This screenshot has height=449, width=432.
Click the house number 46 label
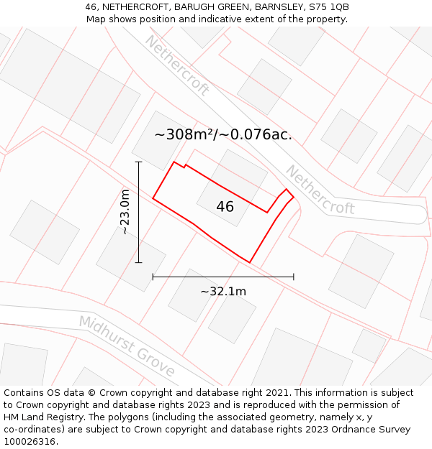click(x=225, y=207)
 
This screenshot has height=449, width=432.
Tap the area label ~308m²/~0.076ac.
click(x=223, y=134)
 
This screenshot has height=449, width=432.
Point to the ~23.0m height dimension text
click(x=125, y=212)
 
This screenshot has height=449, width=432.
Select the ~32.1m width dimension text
click(x=223, y=291)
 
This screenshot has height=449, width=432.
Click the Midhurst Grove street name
click(x=127, y=346)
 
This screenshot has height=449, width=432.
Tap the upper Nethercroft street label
click(x=176, y=65)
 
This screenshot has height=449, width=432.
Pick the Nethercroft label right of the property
click(x=320, y=190)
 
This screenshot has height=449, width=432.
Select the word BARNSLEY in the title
click(x=278, y=6)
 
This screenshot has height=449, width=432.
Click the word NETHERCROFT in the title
click(x=125, y=6)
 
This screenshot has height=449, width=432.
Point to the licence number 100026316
click(x=30, y=441)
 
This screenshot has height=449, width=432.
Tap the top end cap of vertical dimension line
click(x=139, y=162)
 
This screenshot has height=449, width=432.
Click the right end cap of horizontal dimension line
click(x=294, y=277)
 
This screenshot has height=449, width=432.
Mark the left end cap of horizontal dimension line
click(x=153, y=277)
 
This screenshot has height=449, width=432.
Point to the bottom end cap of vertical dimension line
click(x=139, y=263)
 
